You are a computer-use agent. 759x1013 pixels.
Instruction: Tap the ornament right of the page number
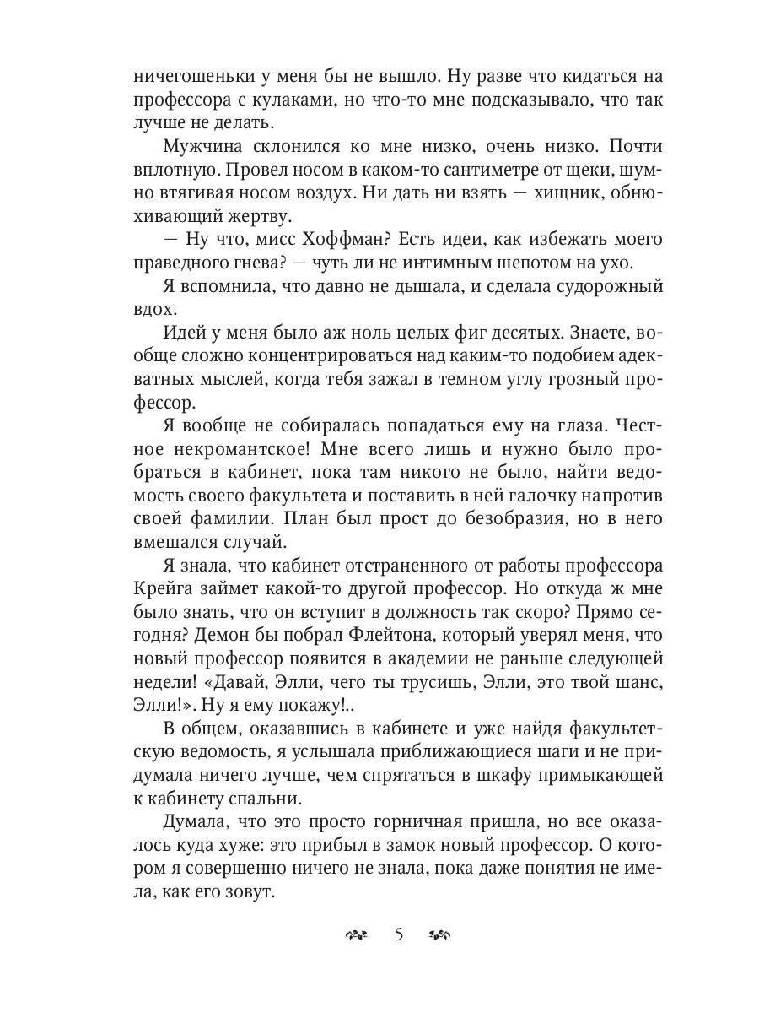[x=441, y=935]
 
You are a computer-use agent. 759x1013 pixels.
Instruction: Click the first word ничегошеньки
[x=187, y=77]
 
